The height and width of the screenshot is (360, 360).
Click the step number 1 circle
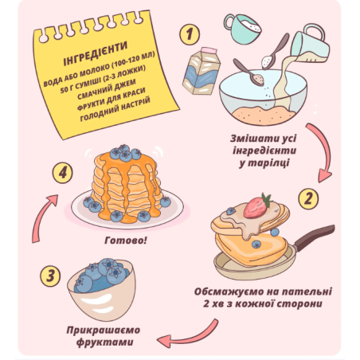[190, 34]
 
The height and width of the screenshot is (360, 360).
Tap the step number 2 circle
[308, 198]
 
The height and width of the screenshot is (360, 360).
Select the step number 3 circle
[50, 276]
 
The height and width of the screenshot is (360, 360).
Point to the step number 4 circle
[62, 174]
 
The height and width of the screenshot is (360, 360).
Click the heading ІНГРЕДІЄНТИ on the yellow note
[96, 53]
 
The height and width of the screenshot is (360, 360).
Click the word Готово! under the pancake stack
[126, 241]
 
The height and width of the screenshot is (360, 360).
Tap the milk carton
[202, 71]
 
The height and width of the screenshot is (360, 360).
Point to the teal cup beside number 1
[242, 29]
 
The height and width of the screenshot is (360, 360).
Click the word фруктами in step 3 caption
[105, 342]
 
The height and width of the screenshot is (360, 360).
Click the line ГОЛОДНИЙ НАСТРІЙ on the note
[115, 109]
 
